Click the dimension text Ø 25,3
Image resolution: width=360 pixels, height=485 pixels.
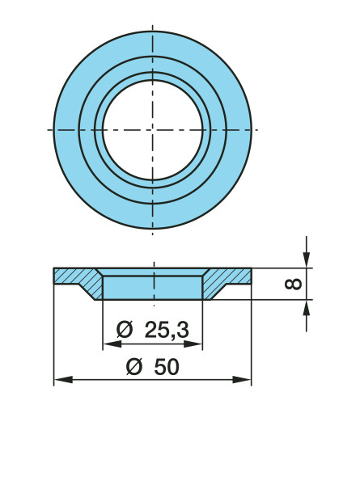point(153,330)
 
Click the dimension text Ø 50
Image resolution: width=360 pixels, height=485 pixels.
point(153,367)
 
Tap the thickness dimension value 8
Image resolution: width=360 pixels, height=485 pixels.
point(293,284)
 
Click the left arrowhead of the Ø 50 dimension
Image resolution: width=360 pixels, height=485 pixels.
point(63,379)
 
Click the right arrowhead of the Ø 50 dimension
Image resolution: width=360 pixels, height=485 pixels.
point(242,379)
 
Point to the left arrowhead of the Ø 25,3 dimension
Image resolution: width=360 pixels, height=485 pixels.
point(112,344)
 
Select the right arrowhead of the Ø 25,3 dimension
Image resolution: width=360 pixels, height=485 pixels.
point(193,344)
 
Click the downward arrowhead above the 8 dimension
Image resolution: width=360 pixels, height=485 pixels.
point(306,259)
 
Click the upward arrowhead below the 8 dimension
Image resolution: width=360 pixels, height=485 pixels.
point(306,308)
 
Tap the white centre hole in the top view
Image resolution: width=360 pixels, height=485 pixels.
point(153,130)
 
